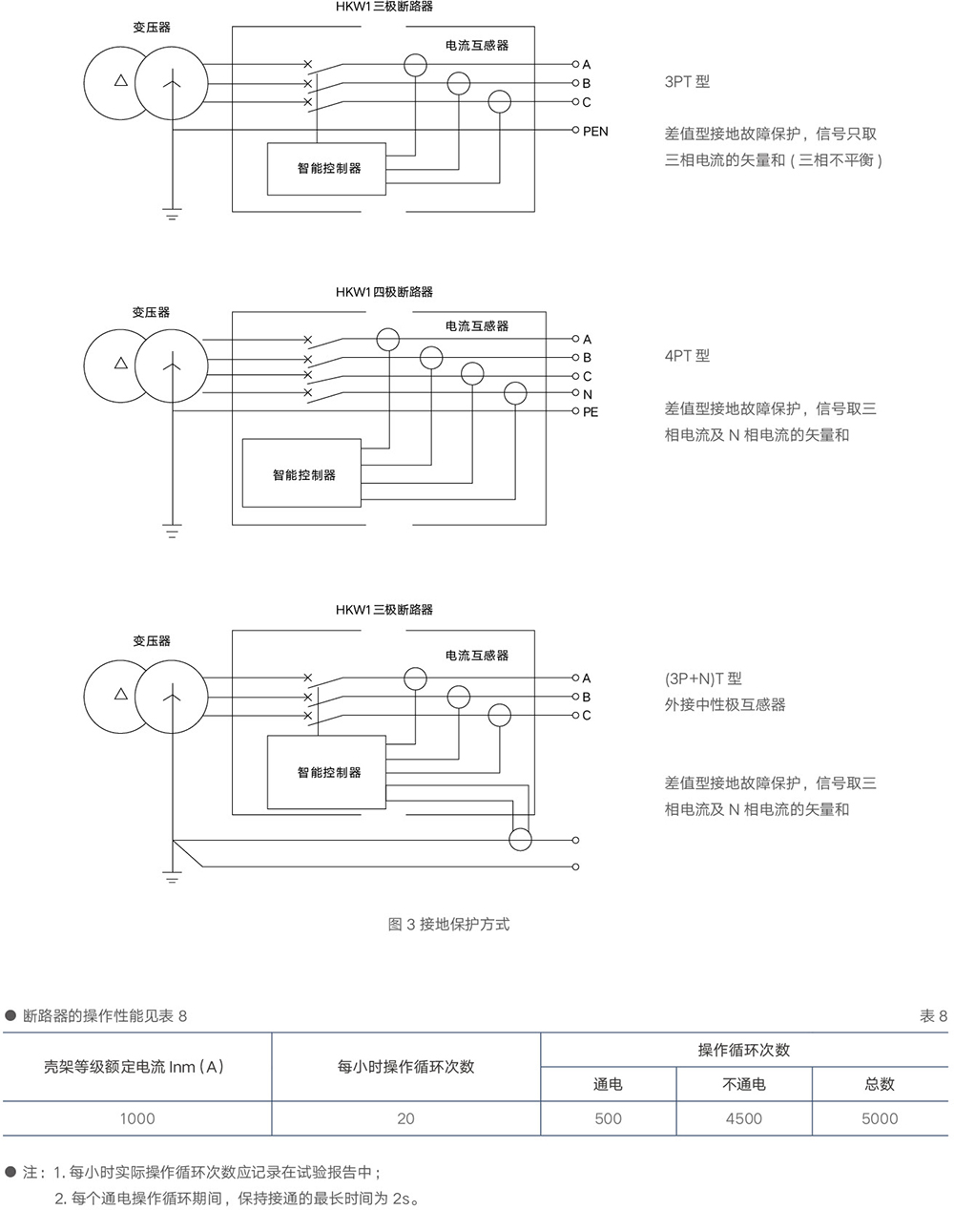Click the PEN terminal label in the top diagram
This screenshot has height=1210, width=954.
(x=595, y=132)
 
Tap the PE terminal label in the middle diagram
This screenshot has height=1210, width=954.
(x=591, y=412)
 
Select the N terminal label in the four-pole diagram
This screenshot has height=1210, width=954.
(x=588, y=394)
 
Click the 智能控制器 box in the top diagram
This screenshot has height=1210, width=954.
(x=327, y=169)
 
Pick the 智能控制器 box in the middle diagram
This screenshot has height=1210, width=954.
(x=302, y=474)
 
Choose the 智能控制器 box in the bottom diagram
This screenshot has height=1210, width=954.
(x=327, y=772)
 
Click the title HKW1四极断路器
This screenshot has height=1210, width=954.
(x=384, y=292)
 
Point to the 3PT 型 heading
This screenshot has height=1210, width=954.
(x=687, y=82)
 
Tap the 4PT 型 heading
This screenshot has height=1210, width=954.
(x=687, y=356)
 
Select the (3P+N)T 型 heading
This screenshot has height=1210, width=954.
(x=703, y=679)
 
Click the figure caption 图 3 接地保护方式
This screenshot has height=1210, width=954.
(x=448, y=924)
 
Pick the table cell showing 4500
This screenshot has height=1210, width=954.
(x=743, y=1118)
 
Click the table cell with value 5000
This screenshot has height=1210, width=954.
(x=879, y=1118)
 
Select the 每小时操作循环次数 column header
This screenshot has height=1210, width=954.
(x=405, y=1067)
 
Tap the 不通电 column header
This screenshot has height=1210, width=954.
(x=743, y=1084)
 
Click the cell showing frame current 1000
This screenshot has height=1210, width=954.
(x=137, y=1118)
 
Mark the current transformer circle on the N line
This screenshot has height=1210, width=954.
(x=515, y=392)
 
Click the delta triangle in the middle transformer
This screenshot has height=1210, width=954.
(x=120, y=364)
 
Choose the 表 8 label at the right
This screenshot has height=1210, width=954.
(x=933, y=1016)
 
